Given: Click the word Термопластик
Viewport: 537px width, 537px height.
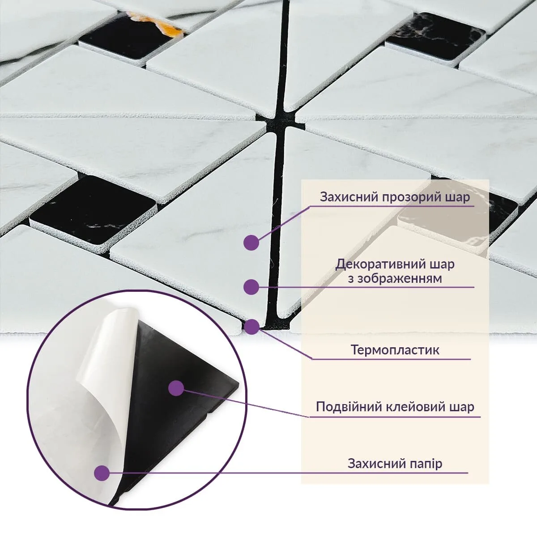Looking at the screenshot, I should pos(395,350).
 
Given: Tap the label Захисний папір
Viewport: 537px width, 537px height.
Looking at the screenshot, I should pos(395,463).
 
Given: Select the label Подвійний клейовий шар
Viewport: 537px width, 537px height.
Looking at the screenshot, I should pos(395,407).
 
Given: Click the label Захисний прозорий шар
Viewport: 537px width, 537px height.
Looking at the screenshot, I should pos(395,197).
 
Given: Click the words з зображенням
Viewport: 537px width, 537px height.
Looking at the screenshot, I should pos(395,278).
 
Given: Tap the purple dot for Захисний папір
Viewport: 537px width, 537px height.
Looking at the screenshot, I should pos(102,473).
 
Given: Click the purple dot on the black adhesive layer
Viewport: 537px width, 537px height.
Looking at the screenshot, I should pos(177,388).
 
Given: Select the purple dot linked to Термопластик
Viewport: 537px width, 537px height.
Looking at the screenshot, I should pos(252,327).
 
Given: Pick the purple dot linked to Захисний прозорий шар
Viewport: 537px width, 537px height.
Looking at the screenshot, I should pos(251,243).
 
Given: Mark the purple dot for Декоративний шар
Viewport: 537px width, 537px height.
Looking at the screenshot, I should pos(252,287).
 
